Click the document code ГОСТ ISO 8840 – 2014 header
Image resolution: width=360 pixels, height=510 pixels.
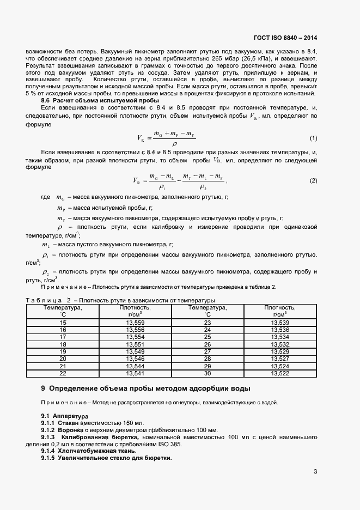click(285, 38)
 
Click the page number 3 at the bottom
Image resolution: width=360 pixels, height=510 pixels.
click(315, 472)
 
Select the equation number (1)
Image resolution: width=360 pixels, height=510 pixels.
click(313, 139)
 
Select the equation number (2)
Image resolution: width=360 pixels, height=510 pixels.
click(313, 181)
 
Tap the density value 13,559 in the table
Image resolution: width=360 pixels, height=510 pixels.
click(135, 323)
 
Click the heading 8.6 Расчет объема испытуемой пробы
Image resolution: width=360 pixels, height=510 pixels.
click(100, 100)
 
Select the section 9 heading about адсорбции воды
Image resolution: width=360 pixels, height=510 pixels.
click(146, 388)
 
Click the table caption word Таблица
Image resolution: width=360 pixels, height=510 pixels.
click(44, 301)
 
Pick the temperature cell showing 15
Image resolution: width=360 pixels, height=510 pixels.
click(62, 323)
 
